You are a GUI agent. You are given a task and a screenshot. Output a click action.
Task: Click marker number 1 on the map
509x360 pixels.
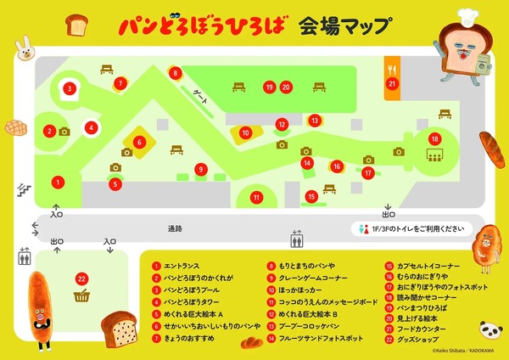click(58, 181)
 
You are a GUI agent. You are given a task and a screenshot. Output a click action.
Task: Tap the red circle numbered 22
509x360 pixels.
click(81, 278)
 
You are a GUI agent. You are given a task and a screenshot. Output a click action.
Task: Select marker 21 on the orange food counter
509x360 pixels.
click(392, 83)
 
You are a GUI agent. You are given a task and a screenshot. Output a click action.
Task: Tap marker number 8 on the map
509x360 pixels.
click(175, 73)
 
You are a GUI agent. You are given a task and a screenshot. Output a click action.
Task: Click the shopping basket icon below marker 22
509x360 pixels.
click(82, 296)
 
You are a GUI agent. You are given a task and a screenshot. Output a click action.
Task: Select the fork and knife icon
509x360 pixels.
click(392, 66)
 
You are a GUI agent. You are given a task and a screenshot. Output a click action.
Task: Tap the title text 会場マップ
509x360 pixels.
click(343, 25)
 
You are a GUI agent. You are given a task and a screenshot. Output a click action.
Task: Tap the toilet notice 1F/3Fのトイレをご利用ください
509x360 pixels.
click(411, 228)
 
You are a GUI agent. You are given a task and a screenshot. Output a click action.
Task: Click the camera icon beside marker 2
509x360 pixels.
click(64, 132)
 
